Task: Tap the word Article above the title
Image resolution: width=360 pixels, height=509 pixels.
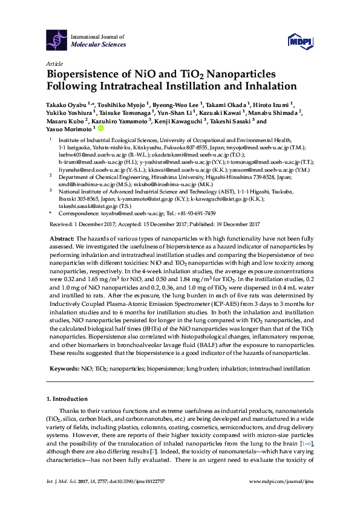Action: pos(54,63)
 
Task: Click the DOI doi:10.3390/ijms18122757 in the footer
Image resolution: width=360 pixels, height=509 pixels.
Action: pos(137,498)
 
